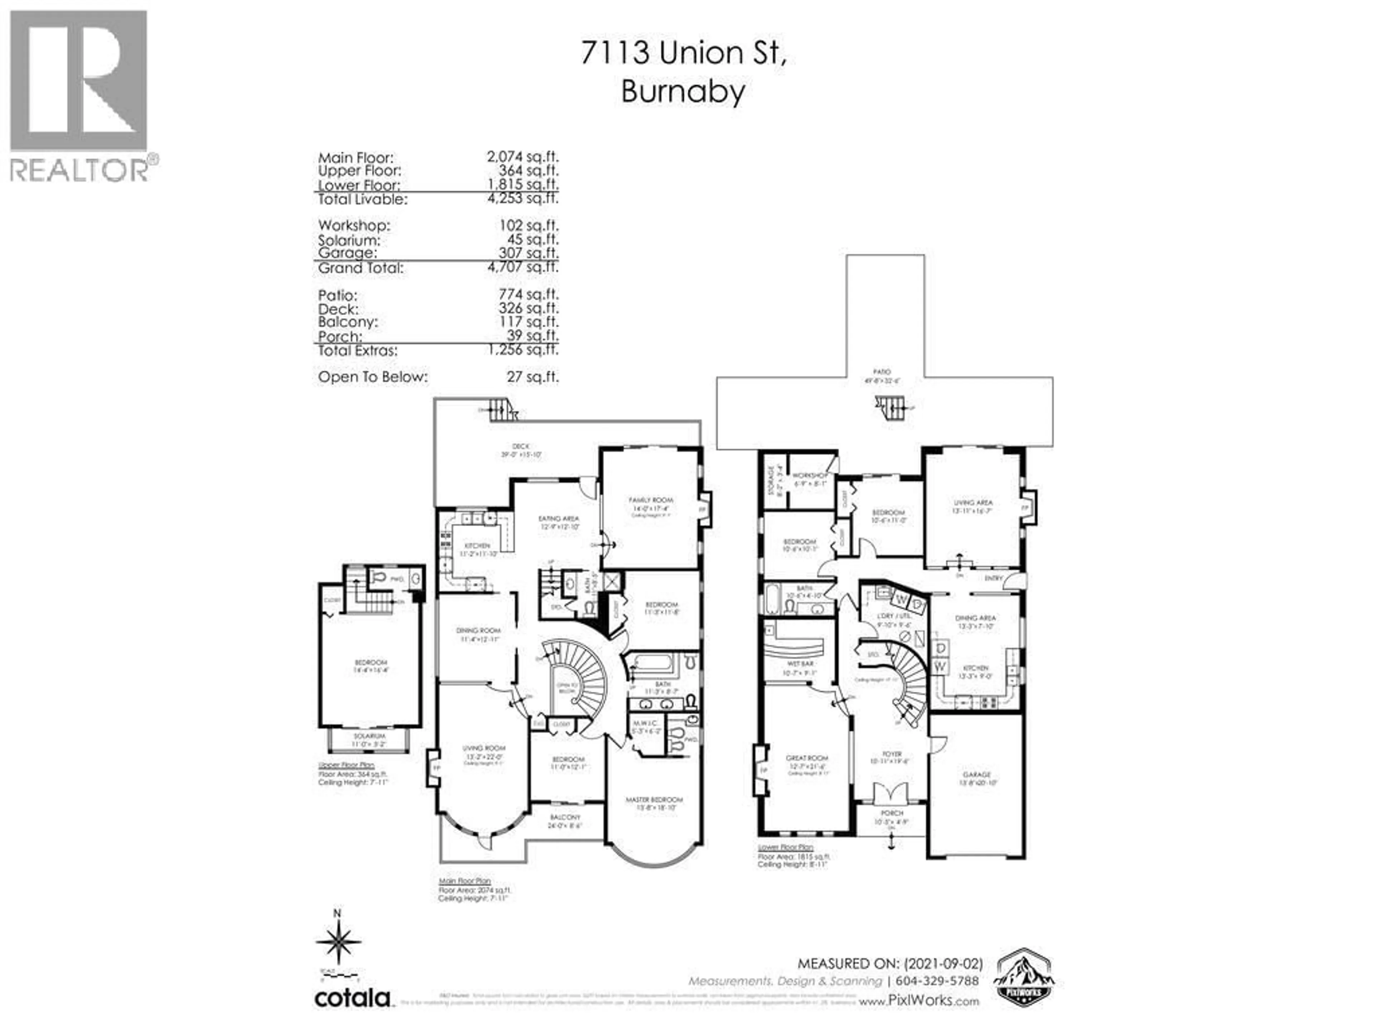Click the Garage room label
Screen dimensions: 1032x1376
click(x=976, y=774)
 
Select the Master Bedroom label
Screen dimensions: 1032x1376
click(x=654, y=799)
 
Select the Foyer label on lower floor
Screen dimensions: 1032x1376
click(x=892, y=754)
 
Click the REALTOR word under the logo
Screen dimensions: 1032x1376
click(x=79, y=169)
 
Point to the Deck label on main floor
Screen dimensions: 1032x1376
click(x=521, y=446)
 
